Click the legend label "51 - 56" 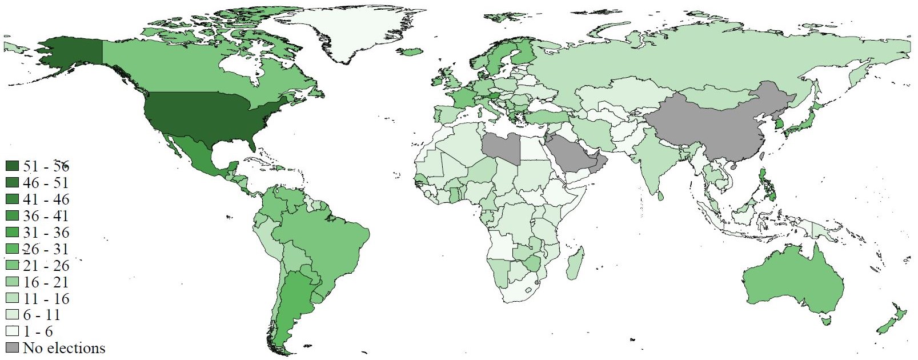coord(46,166)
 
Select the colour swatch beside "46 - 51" coord(13,183)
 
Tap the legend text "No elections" coord(64,348)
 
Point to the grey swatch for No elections coord(13,348)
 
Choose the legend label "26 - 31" coord(46,249)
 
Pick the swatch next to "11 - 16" coord(13,299)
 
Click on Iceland coord(412,52)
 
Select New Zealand coord(891,320)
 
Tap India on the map coord(657,160)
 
